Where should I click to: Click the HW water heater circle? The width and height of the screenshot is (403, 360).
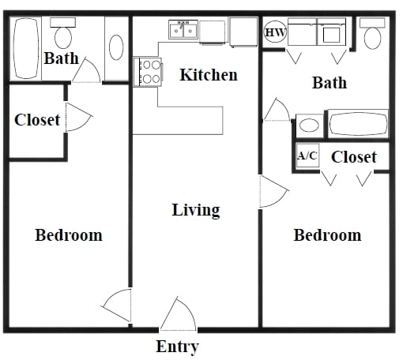tap(275, 33)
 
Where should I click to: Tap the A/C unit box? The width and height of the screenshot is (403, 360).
tap(307, 156)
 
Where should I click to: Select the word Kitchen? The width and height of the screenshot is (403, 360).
tap(209, 75)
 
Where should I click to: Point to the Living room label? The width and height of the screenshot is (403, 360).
tap(196, 210)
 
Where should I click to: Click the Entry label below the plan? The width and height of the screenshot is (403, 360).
tap(177, 347)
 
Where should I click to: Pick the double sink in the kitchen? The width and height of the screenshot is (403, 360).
tap(183, 31)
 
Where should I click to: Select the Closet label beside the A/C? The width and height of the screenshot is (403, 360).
tap(353, 157)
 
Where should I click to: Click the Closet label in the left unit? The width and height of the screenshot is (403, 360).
tap(37, 120)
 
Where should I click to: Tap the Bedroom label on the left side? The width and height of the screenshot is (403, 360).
tap(69, 235)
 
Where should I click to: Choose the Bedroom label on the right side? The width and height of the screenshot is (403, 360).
tap(327, 235)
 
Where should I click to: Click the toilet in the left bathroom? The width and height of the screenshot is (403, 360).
tap(62, 33)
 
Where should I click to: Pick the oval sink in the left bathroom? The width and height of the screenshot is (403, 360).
tap(115, 47)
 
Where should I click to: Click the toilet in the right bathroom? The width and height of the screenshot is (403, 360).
tap(371, 32)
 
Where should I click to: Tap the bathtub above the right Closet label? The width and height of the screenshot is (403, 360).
tap(357, 125)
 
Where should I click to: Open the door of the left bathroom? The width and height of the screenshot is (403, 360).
tap(85, 71)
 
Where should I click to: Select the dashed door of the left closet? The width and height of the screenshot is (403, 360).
tap(77, 118)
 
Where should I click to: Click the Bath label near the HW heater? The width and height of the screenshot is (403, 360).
tap(330, 82)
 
